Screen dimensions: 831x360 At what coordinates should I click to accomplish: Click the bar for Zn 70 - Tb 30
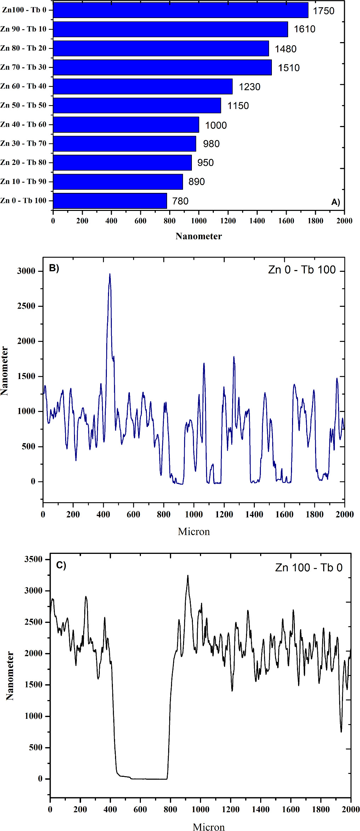click(162, 67)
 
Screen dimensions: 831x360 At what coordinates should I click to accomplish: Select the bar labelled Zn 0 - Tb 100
click(110, 201)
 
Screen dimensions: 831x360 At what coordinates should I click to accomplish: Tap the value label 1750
click(324, 11)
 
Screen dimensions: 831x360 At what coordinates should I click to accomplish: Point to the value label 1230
click(249, 87)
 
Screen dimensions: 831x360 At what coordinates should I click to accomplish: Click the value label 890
click(196, 182)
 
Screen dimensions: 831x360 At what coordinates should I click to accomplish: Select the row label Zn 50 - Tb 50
click(23, 105)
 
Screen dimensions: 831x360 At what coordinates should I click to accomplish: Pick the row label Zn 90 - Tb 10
click(23, 29)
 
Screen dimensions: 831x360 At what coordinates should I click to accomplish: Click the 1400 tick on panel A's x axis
click(257, 221)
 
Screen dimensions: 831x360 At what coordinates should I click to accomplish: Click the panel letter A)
click(335, 202)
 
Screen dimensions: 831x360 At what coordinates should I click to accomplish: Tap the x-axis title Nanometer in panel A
click(199, 236)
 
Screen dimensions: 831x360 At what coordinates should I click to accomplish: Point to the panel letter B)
click(54, 268)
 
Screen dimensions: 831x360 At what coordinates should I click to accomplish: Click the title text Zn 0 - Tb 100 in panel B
click(302, 270)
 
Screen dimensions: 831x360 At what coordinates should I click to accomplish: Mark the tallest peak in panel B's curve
click(110, 274)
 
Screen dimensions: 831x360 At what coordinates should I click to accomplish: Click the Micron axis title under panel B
click(194, 532)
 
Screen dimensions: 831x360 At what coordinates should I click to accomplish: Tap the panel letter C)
click(61, 565)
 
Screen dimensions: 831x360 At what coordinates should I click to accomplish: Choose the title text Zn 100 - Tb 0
click(309, 568)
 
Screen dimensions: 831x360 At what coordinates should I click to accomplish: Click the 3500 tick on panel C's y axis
click(33, 559)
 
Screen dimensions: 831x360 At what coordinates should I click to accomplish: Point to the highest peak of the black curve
click(188, 576)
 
